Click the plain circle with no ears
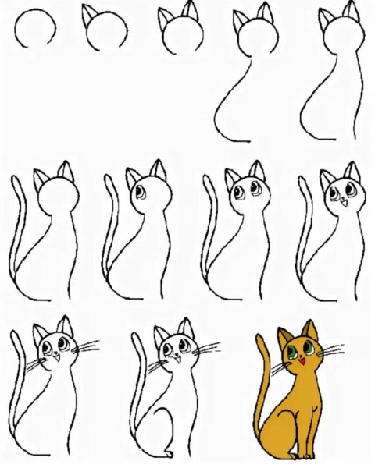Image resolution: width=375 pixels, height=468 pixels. coord(37,30)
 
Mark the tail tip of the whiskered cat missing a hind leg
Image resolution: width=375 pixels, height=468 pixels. coord(16,335)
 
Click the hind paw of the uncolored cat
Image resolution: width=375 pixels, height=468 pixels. coord(171,455)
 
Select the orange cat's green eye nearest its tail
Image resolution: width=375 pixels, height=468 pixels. coord(291,350)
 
